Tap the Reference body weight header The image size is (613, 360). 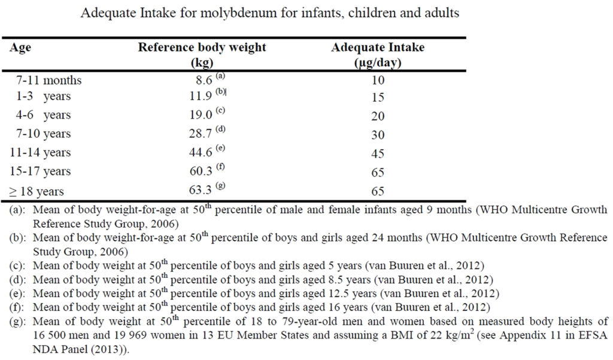(x=202, y=48)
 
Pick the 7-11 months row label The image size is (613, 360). (x=49, y=80)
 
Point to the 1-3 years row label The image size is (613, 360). (x=44, y=97)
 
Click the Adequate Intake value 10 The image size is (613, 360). (x=378, y=80)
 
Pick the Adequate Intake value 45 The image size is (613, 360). (x=378, y=154)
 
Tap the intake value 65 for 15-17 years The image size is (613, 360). (x=378, y=173)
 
